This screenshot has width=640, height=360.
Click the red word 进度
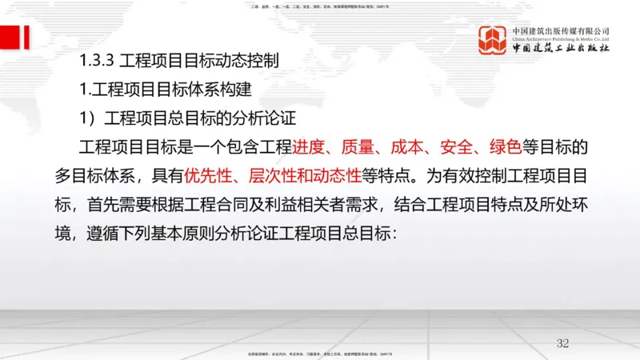coord(310,147)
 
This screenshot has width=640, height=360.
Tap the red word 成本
coord(408,147)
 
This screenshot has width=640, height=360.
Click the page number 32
coord(562,343)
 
